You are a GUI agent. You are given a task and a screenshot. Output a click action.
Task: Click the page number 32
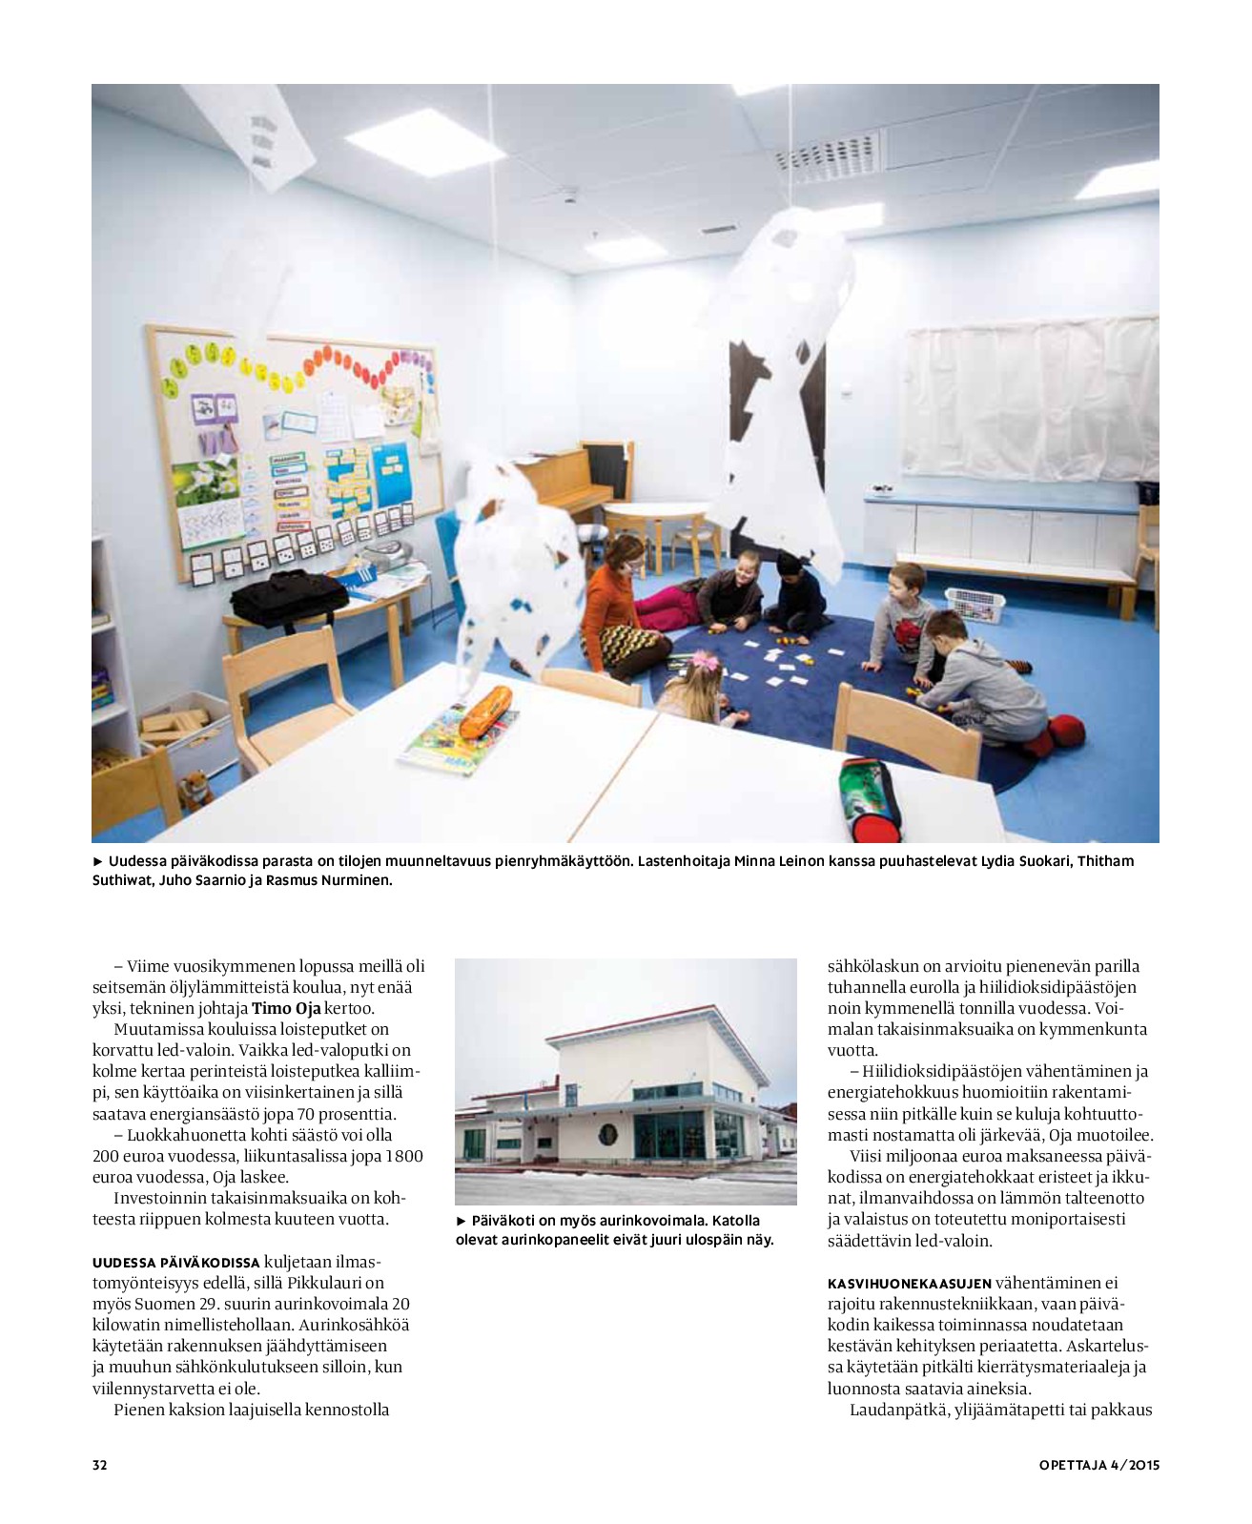coord(99,1465)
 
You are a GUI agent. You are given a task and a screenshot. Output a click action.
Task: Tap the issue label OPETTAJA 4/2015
coord(1098,1465)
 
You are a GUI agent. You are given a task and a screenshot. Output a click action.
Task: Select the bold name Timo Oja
coord(286,1008)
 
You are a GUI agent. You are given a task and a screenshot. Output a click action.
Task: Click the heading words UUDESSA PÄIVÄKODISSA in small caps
coord(176,1263)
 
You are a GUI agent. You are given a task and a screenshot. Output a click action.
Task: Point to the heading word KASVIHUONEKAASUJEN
coord(910,1284)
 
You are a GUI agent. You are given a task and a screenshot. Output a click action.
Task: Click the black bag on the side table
coord(289,595)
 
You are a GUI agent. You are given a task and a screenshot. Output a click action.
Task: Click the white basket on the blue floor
coord(975,605)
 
